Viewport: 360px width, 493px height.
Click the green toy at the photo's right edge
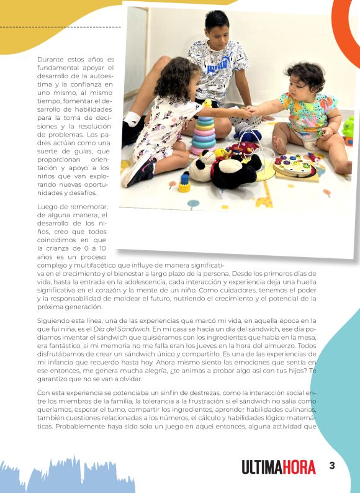coord(348,127)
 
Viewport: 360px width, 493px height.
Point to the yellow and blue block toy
coord(184,183)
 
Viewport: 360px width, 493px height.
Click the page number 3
coord(332,466)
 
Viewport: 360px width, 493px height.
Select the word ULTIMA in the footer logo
coord(261,467)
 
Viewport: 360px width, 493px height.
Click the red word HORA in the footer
coord(299,467)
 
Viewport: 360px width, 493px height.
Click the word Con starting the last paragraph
coord(43,392)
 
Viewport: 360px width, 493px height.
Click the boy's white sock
coord(132,119)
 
